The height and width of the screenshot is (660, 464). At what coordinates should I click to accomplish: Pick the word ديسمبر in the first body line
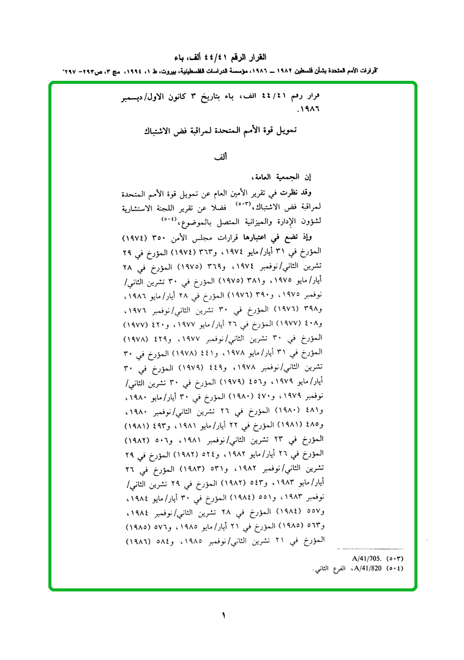[150, 97]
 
